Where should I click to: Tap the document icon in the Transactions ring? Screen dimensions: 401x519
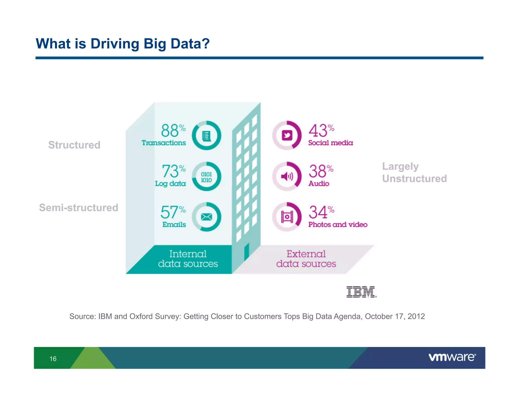pyautogui.click(x=206, y=136)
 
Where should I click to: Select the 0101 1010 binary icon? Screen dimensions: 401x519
pyautogui.click(x=206, y=177)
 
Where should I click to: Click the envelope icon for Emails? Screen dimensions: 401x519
pyautogui.click(x=206, y=217)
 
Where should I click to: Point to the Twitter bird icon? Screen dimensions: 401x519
pyautogui.click(x=287, y=135)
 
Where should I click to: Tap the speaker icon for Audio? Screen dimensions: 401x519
pyautogui.click(x=287, y=176)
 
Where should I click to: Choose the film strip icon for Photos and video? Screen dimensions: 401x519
pyautogui.click(x=287, y=217)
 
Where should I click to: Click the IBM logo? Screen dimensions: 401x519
pyautogui.click(x=361, y=292)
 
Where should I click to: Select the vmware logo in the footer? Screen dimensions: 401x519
pyautogui.click(x=452, y=357)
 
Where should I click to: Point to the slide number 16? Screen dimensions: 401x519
pyautogui.click(x=53, y=359)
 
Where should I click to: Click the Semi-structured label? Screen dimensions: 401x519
pyautogui.click(x=79, y=208)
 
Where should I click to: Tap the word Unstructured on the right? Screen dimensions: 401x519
pyautogui.click(x=414, y=179)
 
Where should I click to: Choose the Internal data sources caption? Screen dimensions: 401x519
pyautogui.click(x=188, y=259)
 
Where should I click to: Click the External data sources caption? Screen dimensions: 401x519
pyautogui.click(x=306, y=259)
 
